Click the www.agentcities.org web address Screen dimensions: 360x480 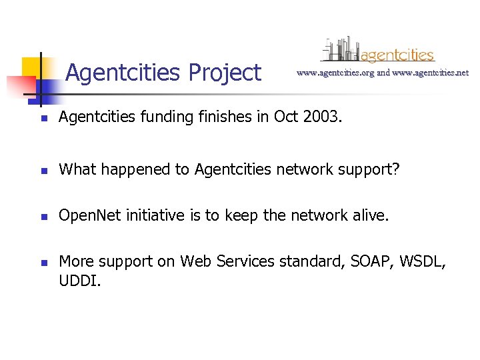tap(335, 73)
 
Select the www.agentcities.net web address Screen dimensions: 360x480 tap(431, 73)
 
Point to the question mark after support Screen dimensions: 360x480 tap(396, 170)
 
